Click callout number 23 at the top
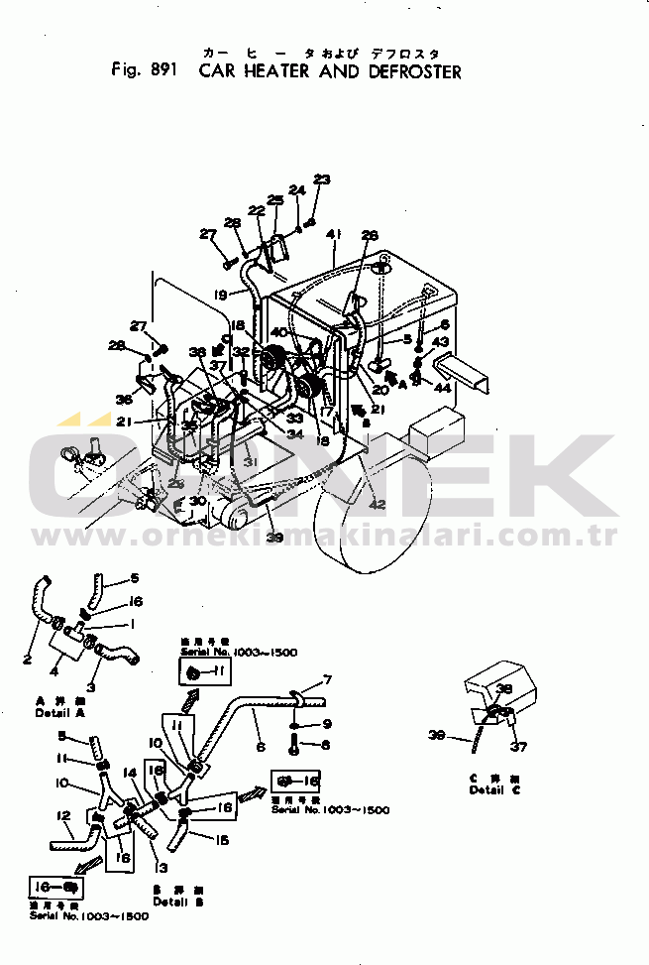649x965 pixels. (x=321, y=180)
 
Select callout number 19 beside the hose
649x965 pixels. (x=220, y=294)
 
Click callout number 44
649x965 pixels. (x=442, y=388)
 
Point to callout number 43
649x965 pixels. (x=441, y=342)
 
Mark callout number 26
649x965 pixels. (x=370, y=235)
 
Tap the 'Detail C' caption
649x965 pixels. (x=488, y=789)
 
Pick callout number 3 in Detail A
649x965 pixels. (x=90, y=686)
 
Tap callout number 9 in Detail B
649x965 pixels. (x=327, y=723)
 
